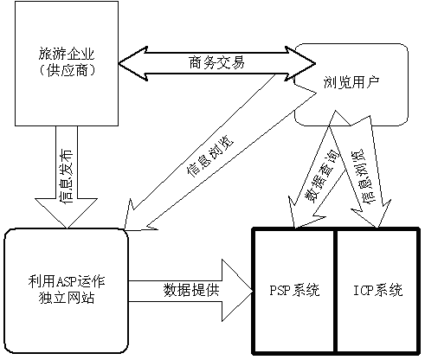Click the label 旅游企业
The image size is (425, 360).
click(67, 55)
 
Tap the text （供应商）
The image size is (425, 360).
click(67, 70)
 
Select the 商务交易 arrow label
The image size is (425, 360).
click(216, 62)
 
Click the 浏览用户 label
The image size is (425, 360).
click(351, 82)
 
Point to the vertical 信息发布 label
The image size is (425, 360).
click(66, 177)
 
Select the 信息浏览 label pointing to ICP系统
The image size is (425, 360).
click(363, 177)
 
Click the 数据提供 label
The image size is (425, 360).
click(191, 290)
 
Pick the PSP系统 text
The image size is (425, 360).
click(294, 290)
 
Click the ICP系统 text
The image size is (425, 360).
click(378, 290)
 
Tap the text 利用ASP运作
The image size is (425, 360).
click(67, 281)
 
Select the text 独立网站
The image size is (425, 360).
click(67, 298)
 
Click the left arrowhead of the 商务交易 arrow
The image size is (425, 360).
click(132, 63)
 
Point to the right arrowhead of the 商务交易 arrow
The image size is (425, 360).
click(300, 63)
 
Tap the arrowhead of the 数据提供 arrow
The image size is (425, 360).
click(236, 291)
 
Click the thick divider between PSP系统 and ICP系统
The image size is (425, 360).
click(335, 291)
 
